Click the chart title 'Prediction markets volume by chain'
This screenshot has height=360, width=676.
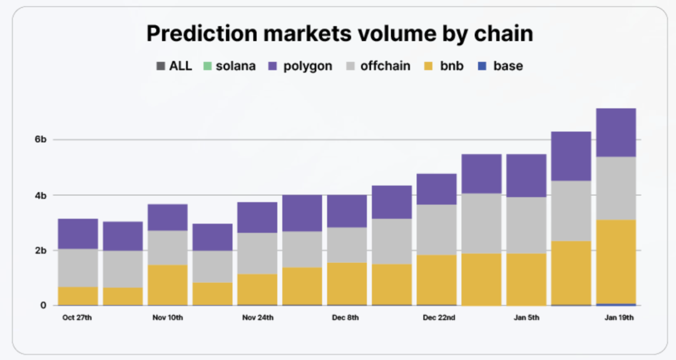click(339, 34)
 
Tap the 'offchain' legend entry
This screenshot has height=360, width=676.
click(378, 66)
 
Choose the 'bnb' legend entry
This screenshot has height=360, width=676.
click(444, 66)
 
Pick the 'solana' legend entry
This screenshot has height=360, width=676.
click(228, 66)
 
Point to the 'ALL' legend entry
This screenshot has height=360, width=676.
click(175, 66)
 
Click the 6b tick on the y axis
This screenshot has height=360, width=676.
click(40, 140)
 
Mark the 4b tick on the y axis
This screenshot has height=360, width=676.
click(40, 195)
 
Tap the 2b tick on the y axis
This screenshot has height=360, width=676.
click(40, 250)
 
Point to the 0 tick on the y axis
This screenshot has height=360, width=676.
click(43, 306)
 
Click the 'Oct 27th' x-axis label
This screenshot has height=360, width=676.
click(78, 317)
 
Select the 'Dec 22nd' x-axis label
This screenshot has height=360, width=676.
click(438, 317)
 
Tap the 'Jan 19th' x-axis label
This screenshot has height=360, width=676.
click(618, 317)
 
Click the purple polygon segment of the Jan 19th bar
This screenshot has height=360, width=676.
click(616, 132)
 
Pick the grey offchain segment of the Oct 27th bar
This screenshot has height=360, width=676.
click(78, 268)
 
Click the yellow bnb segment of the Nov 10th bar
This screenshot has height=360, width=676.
click(168, 285)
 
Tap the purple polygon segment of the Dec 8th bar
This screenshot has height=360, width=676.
click(347, 211)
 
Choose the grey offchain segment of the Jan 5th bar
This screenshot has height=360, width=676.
click(526, 225)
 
